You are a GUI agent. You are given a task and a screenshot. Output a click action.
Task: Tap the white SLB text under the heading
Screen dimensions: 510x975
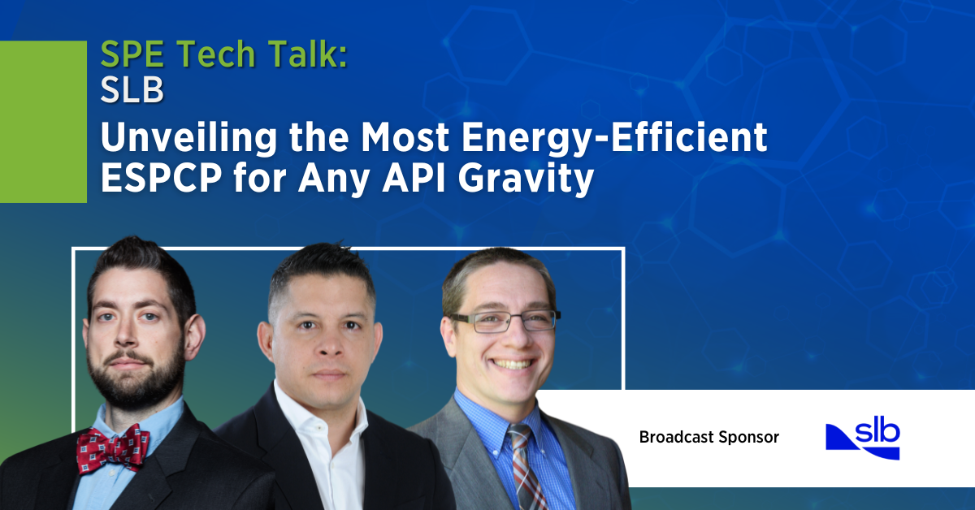click(x=132, y=91)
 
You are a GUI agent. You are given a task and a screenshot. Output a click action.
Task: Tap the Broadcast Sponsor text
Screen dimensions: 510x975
click(x=708, y=438)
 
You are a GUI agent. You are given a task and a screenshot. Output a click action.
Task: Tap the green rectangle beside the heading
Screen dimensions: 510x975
click(x=42, y=122)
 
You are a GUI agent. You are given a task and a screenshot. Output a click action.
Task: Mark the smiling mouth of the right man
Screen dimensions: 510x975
click(x=513, y=363)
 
